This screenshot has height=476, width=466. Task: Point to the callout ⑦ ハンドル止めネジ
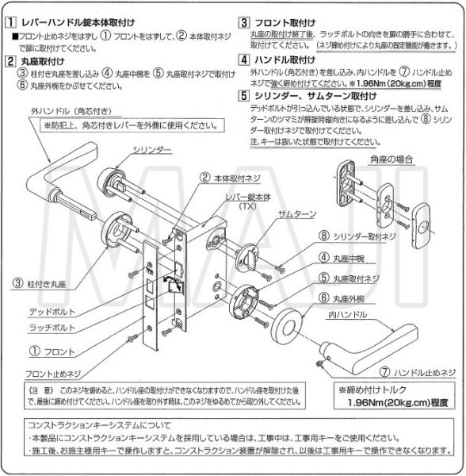pos(417,370)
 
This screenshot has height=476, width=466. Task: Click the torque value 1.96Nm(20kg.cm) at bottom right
pos(395,402)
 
